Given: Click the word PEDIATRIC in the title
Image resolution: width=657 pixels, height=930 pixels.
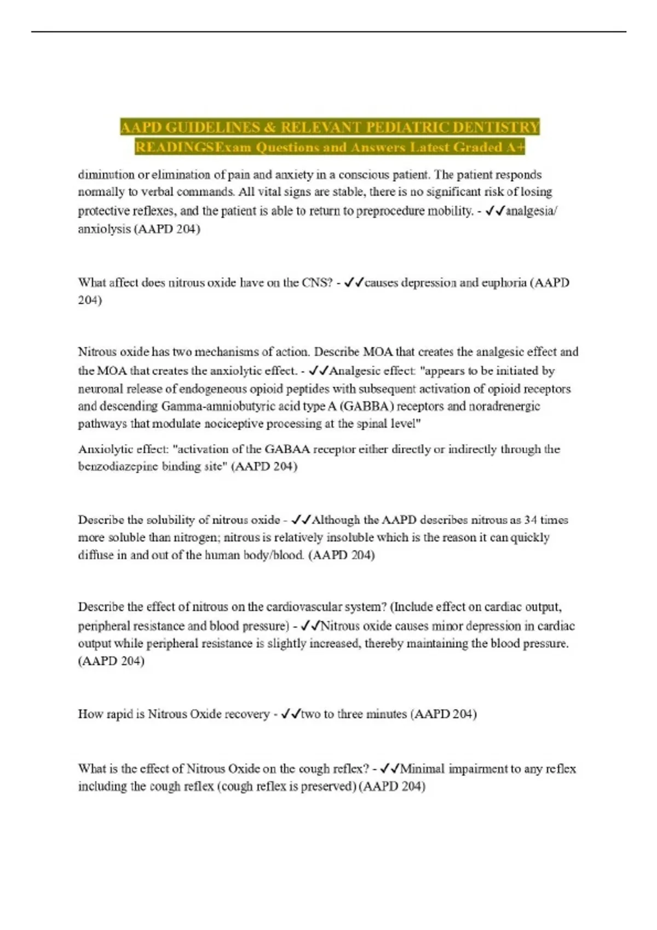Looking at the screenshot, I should point(406,127).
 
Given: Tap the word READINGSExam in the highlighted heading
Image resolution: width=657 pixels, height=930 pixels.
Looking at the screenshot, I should point(193,147).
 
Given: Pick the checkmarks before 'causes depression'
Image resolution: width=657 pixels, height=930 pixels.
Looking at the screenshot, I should point(354,283).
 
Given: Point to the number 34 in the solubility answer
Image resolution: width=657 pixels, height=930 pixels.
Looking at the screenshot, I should point(530,520).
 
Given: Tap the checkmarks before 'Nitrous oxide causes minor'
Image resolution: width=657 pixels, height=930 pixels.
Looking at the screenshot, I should point(310,626).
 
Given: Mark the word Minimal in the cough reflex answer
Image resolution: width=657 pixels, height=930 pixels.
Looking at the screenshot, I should point(422,769).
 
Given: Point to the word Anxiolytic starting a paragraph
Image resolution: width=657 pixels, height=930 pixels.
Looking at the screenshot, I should point(104,449).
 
